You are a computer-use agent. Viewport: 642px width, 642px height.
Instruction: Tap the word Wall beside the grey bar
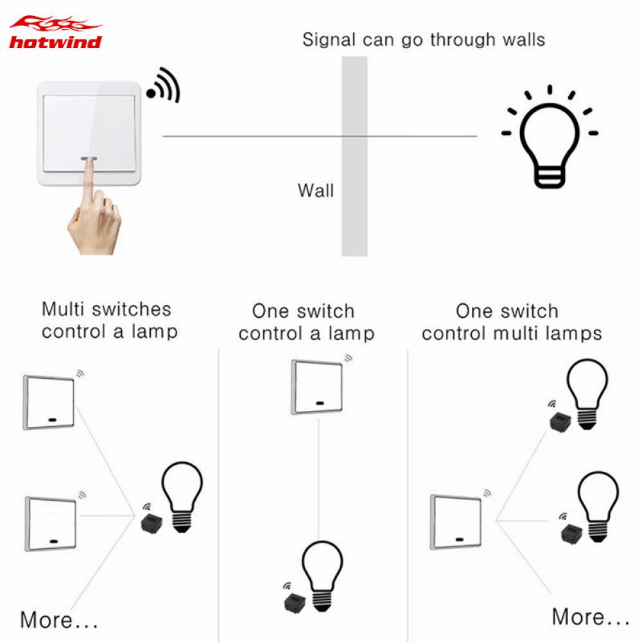pyautogui.click(x=316, y=191)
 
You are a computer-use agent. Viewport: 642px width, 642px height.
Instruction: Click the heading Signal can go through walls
pyautogui.click(x=424, y=40)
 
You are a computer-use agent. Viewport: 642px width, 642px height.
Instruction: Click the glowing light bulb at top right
pyautogui.click(x=549, y=138)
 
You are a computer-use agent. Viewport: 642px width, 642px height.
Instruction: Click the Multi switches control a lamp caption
pyautogui.click(x=107, y=320)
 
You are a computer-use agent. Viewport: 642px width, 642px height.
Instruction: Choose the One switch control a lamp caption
pyautogui.click(x=306, y=322)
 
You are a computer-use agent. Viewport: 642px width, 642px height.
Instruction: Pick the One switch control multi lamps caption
pyautogui.click(x=512, y=322)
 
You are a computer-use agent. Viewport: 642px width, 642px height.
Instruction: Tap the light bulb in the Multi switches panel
pyautogui.click(x=181, y=494)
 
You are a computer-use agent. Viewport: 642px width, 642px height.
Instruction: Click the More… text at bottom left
pyautogui.click(x=59, y=620)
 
